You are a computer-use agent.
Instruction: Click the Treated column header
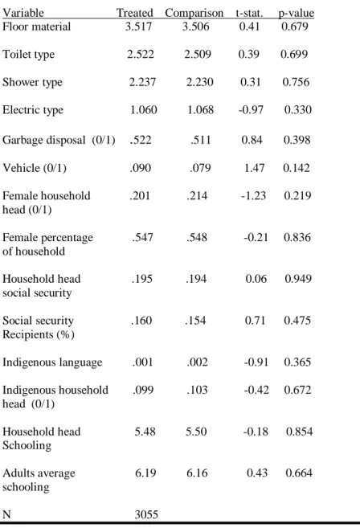[x=135, y=13]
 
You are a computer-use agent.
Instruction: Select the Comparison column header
[x=194, y=13]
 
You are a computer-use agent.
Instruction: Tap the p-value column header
[x=296, y=13]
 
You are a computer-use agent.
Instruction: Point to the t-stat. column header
[x=249, y=13]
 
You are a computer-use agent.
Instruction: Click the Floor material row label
[x=36, y=27]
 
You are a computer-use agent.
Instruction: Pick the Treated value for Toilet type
[x=141, y=54]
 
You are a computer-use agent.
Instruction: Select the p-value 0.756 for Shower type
[x=296, y=82]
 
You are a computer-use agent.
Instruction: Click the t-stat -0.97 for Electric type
[x=251, y=109]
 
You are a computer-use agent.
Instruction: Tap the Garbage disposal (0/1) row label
[x=59, y=140]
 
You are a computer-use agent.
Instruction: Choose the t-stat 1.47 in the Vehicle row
[x=254, y=168]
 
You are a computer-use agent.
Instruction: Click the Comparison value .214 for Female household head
[x=197, y=195]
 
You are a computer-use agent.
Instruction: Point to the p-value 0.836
[x=297, y=237]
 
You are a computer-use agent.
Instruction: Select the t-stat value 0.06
[x=256, y=279]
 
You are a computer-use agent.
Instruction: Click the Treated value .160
[x=141, y=320]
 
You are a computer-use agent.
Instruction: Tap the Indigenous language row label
[x=52, y=362]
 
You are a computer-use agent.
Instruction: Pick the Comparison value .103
[x=197, y=390]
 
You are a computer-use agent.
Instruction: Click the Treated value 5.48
[x=145, y=432]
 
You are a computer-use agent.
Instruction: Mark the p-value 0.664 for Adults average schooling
[x=299, y=473]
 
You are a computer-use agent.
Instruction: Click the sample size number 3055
[x=146, y=514]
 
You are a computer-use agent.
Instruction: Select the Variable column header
[x=23, y=13]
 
